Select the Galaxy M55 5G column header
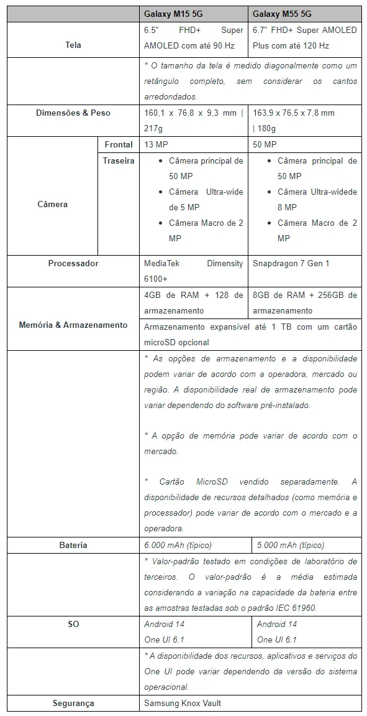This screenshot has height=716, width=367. pyautogui.click(x=282, y=14)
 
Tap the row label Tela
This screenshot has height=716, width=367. pyautogui.click(x=73, y=45)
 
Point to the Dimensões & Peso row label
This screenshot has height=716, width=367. pyautogui.click(x=73, y=113)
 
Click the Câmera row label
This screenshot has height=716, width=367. pyautogui.click(x=52, y=204)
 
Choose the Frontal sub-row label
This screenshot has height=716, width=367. pyautogui.click(x=119, y=144)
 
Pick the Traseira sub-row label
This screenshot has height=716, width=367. pyautogui.click(x=119, y=160)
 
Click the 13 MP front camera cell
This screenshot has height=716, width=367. pyautogui.click(x=156, y=144)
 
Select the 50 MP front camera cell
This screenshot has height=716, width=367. pyautogui.click(x=265, y=144)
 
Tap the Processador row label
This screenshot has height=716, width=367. pyautogui.click(x=73, y=263)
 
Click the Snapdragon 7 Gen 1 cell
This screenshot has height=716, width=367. pyautogui.click(x=291, y=263)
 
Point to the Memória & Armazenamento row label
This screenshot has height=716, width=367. pyautogui.click(x=73, y=325)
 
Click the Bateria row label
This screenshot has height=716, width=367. pyautogui.click(x=73, y=545)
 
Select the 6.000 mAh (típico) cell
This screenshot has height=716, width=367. pyautogui.click(x=178, y=545)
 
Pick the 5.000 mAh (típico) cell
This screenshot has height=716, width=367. pyautogui.click(x=290, y=545)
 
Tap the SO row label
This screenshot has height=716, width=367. pyautogui.click(x=73, y=624)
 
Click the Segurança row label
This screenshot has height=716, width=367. pyautogui.click(x=73, y=703)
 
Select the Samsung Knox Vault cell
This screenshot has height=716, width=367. pyautogui.click(x=183, y=703)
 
